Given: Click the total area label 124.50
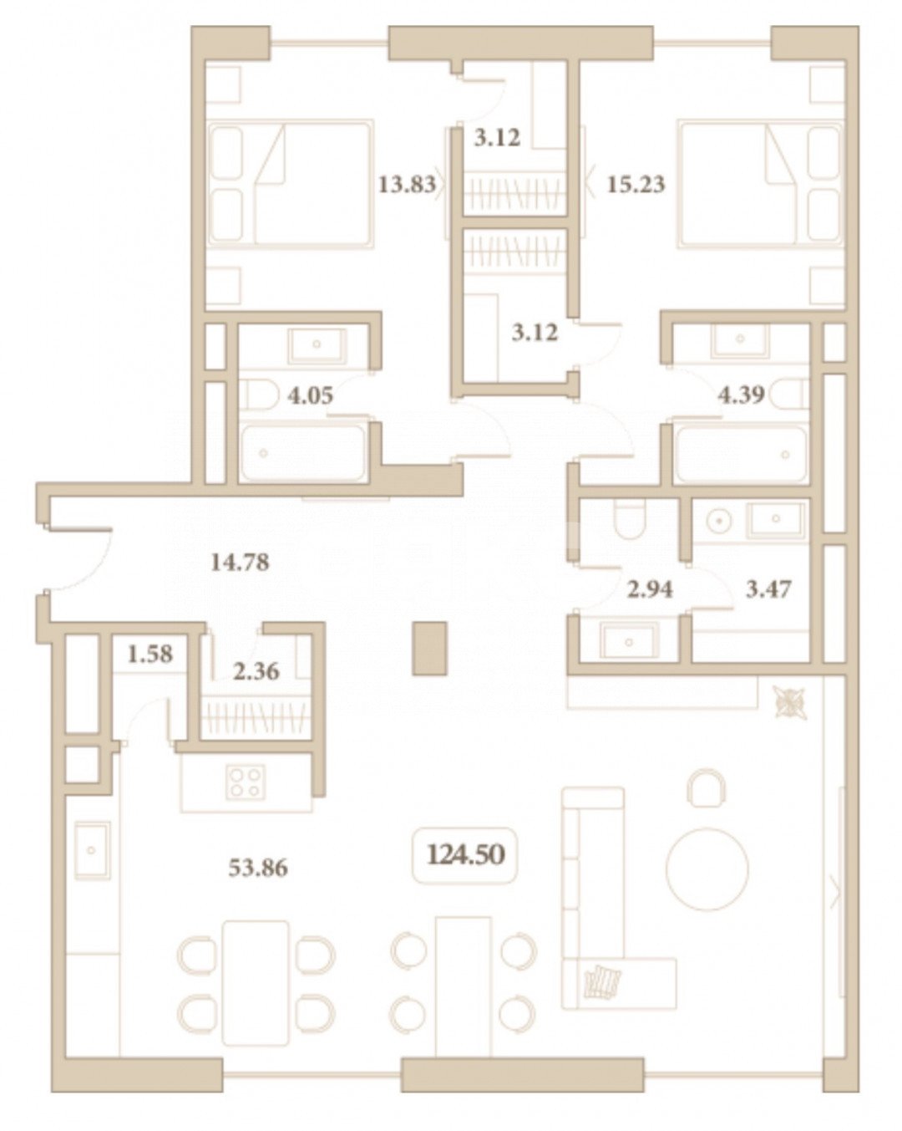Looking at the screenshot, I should point(466,854).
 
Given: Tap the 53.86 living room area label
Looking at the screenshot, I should point(258,869).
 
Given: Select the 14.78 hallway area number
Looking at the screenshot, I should point(240,563).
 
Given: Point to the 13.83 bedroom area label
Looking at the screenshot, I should point(407,184).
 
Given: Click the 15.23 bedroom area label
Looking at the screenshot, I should point(636,184).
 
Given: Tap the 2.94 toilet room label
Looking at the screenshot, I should point(650,590).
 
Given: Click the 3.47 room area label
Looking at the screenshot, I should point(768,590).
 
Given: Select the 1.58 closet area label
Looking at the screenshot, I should point(150,654).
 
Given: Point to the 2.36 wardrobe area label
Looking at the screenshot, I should point(256,670).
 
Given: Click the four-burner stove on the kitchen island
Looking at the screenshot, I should point(245,782).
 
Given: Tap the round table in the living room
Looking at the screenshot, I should point(707,868).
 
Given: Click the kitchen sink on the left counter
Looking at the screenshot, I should point(92,849).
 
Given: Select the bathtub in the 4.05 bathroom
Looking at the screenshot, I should point(303,453).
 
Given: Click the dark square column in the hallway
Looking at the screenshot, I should point(430,648).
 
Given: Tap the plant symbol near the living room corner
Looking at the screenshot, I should point(788,703).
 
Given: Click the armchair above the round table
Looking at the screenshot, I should point(707,787).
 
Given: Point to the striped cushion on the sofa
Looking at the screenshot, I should point(603,981).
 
